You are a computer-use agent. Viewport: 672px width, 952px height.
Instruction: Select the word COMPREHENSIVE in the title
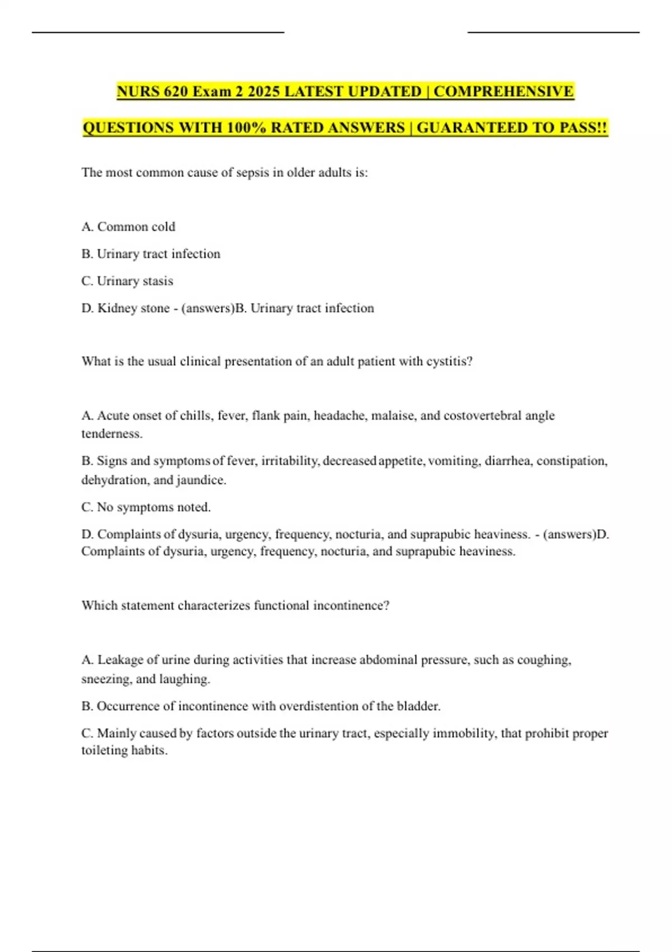[503, 91]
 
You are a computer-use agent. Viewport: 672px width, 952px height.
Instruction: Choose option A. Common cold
[128, 227]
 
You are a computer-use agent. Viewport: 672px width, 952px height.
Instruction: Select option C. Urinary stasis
[127, 281]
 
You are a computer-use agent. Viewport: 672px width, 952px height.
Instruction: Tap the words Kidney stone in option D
[133, 308]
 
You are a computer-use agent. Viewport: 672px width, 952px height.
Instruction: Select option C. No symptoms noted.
[146, 507]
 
